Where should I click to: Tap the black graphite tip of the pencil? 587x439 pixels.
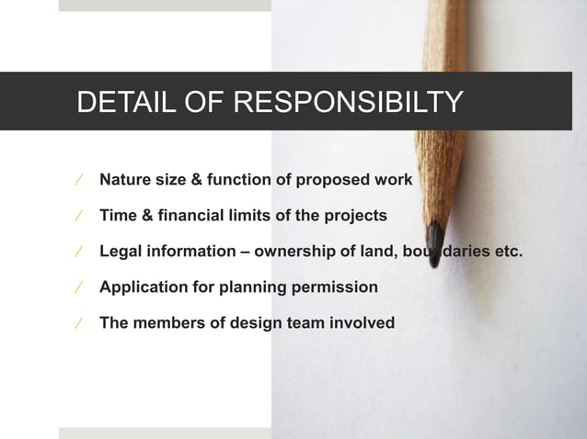pos(434,241)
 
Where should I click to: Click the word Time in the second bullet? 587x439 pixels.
pos(117,215)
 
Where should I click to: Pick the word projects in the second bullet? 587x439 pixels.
pos(355,215)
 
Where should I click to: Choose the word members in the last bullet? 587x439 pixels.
pos(165,322)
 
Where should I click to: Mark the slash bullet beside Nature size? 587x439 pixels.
pos(79,179)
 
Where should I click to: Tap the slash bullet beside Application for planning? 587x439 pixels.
pos(79,287)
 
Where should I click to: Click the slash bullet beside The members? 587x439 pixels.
pos(79,322)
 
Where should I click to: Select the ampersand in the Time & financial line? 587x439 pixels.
pos(145,215)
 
